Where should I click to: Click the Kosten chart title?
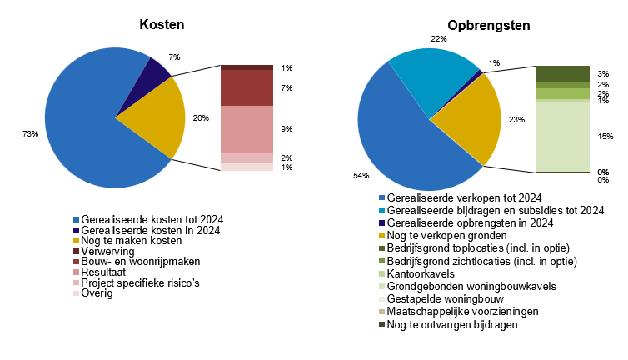tap(162, 25)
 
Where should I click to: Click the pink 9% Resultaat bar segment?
tap(247, 129)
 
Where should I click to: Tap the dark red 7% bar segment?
tap(247, 87)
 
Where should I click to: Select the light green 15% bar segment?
tap(562, 136)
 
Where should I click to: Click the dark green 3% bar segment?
tap(562, 73)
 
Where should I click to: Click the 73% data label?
tap(31, 134)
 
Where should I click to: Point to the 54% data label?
tap(361, 176)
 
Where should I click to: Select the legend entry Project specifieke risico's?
tap(141, 282)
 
